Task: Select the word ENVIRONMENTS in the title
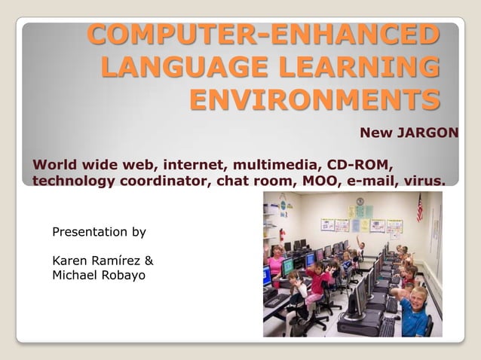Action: coord(314,99)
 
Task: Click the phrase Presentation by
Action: coord(99,232)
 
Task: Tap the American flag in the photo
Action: coord(419,206)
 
